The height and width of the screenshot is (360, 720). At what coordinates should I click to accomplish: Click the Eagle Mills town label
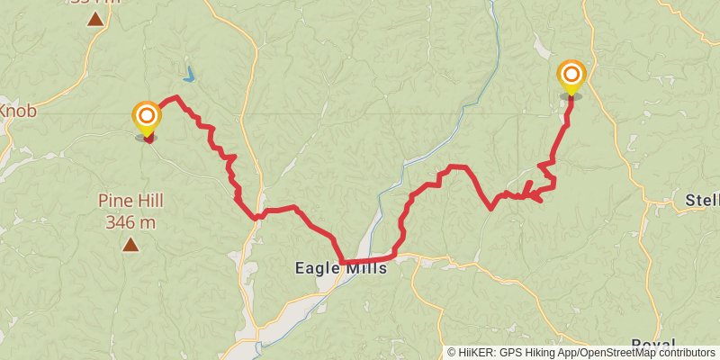click(x=341, y=267)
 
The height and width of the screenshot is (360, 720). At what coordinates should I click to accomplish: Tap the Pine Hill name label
click(x=130, y=201)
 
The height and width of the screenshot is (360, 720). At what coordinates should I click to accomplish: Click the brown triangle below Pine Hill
click(x=130, y=244)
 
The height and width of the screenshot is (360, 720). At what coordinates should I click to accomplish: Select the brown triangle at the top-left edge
click(x=94, y=18)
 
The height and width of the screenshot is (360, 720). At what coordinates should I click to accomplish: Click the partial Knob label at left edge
click(x=17, y=112)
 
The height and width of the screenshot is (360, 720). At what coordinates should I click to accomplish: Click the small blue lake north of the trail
click(x=190, y=75)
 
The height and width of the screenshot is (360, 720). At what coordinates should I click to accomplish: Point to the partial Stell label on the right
click(x=702, y=199)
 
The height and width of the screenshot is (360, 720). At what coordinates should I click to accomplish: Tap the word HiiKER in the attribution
click(x=475, y=353)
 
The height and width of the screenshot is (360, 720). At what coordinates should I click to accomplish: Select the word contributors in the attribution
click(x=683, y=353)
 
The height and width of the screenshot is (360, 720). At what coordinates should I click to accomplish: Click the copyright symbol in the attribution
click(x=452, y=353)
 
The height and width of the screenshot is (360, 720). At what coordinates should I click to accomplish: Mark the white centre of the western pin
click(x=146, y=116)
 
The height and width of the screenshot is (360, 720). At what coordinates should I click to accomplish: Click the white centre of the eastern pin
click(x=571, y=73)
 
